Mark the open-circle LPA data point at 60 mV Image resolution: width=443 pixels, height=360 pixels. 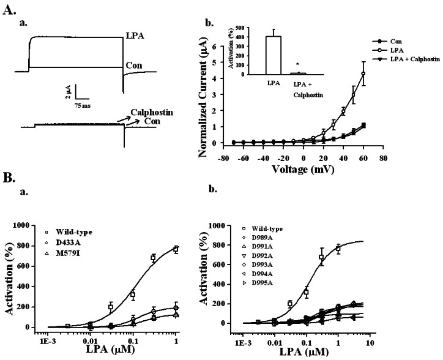coord(363,74)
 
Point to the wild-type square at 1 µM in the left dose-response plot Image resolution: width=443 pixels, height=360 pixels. coord(176,249)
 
